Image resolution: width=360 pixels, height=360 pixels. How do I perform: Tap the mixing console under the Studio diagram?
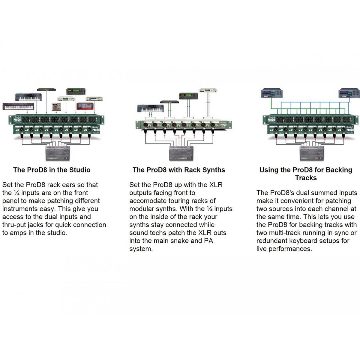[x=57, y=153]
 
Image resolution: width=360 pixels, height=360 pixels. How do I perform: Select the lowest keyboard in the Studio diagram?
[x=18, y=106]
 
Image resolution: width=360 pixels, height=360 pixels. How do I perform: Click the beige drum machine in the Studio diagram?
[x=56, y=106]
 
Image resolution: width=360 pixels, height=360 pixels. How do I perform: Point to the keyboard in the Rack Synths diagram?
[x=150, y=108]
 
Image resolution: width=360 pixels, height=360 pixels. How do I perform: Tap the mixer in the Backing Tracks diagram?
[x=312, y=154]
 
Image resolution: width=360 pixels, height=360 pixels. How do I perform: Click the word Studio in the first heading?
[x=80, y=170]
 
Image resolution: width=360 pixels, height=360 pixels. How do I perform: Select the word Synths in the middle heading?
[x=213, y=170]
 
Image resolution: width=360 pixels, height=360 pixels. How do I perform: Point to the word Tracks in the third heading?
[x=306, y=178]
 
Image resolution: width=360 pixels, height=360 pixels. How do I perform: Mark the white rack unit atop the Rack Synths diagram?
[x=208, y=90]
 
